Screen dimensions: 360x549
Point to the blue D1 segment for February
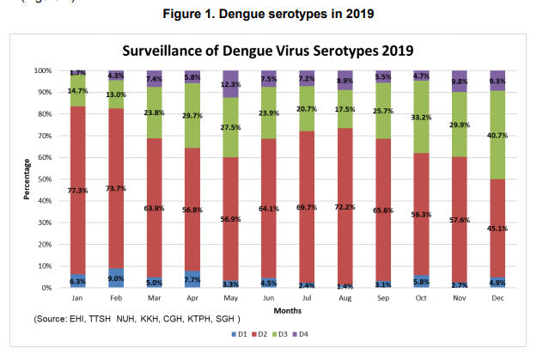point(114,278)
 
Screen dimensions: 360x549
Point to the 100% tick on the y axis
point(42,70)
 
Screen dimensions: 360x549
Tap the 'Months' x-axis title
point(286,309)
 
